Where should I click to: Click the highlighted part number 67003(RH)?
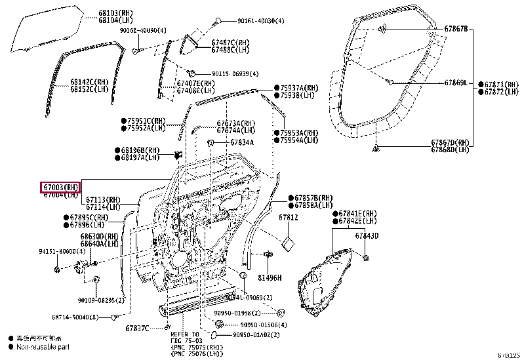(x=61, y=187)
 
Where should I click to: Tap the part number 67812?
(x=289, y=217)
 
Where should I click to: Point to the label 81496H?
(x=270, y=277)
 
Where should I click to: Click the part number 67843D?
(x=367, y=236)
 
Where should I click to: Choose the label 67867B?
(x=456, y=29)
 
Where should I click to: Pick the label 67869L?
(x=456, y=83)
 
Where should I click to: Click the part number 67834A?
(x=242, y=142)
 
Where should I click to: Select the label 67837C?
(x=137, y=328)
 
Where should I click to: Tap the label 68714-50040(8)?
(x=75, y=317)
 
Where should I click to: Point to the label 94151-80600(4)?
(x=62, y=251)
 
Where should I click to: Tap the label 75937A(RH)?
(x=299, y=87)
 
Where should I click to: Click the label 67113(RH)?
(x=105, y=200)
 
